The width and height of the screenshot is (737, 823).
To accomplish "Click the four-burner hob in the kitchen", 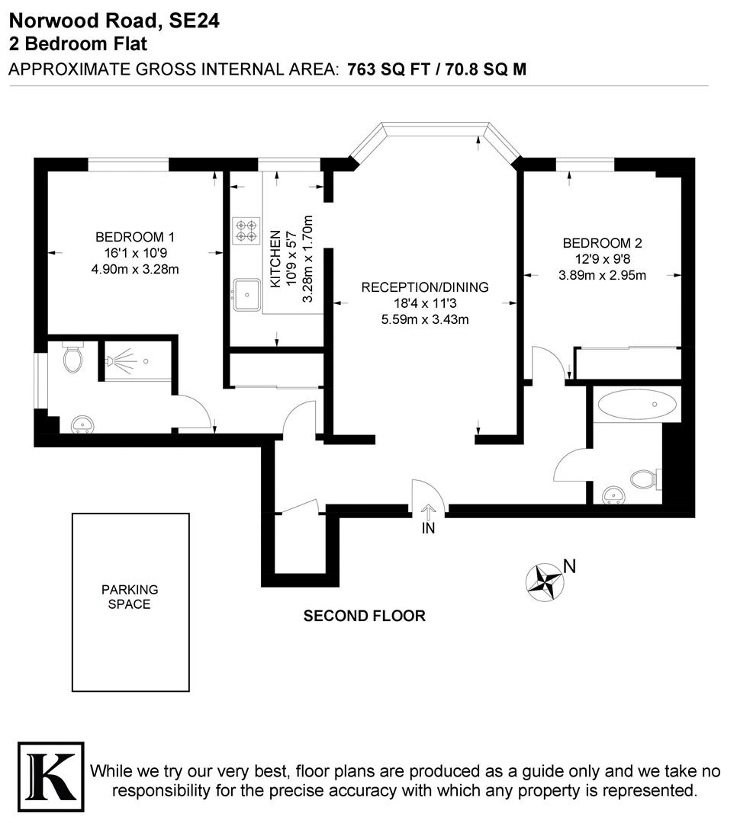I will [x=246, y=230].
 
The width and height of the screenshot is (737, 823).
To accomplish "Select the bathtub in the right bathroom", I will [x=638, y=405].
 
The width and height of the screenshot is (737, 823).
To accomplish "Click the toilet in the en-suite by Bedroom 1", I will [x=73, y=358].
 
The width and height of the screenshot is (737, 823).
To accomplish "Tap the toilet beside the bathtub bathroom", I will [x=643, y=479].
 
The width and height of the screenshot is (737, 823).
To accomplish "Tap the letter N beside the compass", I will [x=568, y=566].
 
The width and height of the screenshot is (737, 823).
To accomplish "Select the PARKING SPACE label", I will [x=130, y=597].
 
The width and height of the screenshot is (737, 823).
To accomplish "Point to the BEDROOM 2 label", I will [x=602, y=243].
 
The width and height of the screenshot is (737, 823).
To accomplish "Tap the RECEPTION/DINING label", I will [x=424, y=287].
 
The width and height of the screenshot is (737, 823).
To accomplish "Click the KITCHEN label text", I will [x=275, y=260].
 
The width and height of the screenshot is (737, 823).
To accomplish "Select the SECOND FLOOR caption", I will [x=364, y=616].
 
